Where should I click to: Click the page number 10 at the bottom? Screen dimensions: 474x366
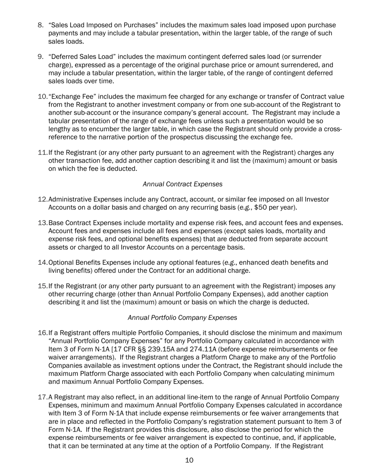(189, 460)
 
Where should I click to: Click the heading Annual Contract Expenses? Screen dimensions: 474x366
(183, 184)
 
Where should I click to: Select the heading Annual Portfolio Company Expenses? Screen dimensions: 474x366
(182, 318)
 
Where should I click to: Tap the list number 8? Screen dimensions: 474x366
(41, 25)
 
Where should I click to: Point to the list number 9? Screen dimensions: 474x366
(41, 57)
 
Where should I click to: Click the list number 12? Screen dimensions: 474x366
(42, 200)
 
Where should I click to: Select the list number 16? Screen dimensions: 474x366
(42, 333)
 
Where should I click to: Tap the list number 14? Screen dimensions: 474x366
(42, 263)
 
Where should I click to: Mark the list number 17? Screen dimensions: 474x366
(42, 397)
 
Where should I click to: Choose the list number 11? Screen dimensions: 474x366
(42, 153)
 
